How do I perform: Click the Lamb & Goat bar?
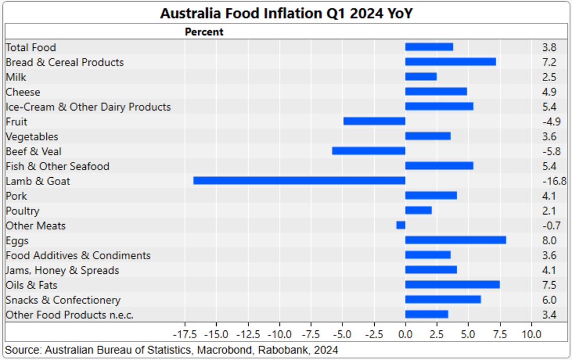[x=299, y=181]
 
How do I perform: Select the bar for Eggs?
[x=455, y=240]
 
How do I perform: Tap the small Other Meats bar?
[x=401, y=225]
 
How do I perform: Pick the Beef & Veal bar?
[x=369, y=151]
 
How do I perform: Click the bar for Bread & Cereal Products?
[x=450, y=62]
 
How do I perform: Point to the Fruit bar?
[x=374, y=121]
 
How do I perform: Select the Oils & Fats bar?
[x=452, y=285]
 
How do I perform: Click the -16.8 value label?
[x=554, y=181]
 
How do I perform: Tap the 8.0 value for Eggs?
[x=549, y=240]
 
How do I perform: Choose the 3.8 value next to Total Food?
[x=549, y=48]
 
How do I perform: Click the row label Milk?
[x=16, y=77]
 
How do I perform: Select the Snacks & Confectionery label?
[x=63, y=300]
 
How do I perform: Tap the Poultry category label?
[x=22, y=211]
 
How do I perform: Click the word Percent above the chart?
[x=204, y=32]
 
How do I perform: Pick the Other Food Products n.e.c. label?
[x=69, y=315]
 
